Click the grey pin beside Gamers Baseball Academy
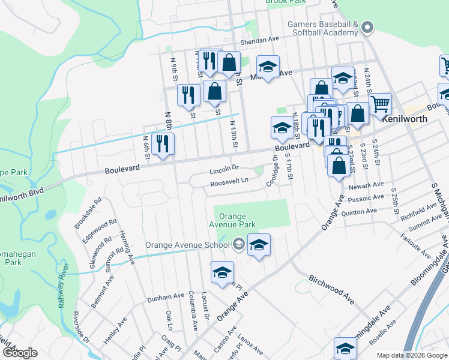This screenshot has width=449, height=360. tap(368, 27)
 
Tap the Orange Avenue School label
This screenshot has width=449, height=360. tap(187, 245)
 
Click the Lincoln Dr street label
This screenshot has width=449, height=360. tap(224, 170)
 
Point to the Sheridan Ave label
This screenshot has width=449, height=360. tap(261, 38)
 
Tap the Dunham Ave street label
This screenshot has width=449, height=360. tap(166, 296)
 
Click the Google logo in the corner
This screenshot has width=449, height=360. tap(20, 353)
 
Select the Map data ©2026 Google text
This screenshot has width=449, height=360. tap(412, 355)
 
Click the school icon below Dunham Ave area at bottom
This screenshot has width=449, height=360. tap(346, 348)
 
